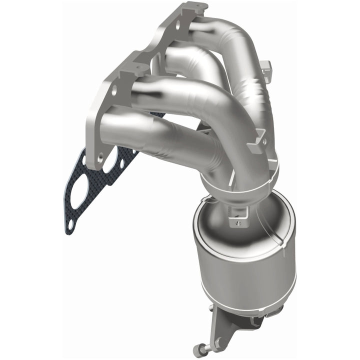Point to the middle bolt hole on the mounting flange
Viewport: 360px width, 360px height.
pyautogui.click(x=114, y=90)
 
